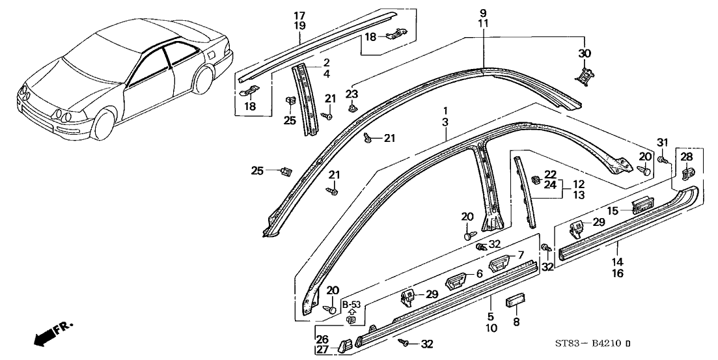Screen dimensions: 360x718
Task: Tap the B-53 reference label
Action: click(352, 305)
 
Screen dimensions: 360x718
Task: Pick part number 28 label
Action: click(687, 158)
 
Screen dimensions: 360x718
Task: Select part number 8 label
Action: click(517, 321)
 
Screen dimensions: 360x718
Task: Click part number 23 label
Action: click(352, 94)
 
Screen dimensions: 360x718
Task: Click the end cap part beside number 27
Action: click(343, 344)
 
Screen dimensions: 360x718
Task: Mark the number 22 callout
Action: click(550, 174)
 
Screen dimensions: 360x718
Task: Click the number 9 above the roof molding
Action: click(483, 13)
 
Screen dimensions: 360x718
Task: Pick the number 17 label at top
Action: click(299, 15)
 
